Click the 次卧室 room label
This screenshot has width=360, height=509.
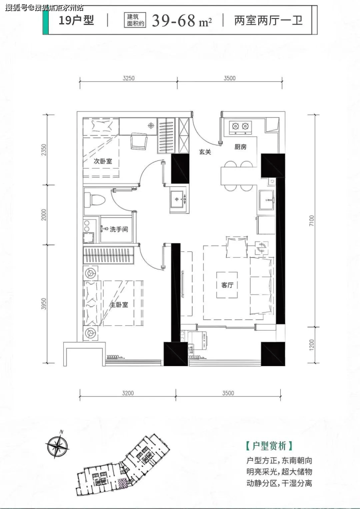click(x=103, y=161)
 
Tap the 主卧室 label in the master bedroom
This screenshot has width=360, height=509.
click(x=119, y=305)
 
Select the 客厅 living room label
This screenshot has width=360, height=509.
click(x=228, y=285)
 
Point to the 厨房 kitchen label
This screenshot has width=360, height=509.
click(x=240, y=147)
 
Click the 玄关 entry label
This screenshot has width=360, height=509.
click(x=205, y=152)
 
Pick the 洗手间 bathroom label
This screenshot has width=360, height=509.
click(x=119, y=229)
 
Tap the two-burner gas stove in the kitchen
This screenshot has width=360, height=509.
click(x=240, y=127)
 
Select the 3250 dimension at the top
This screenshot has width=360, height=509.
click(x=128, y=78)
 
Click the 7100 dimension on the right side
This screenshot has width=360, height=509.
click(x=312, y=221)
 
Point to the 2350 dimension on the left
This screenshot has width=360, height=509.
click(x=44, y=150)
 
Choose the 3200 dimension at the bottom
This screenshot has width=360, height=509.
click(x=128, y=393)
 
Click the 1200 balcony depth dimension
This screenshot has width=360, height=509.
click(x=312, y=345)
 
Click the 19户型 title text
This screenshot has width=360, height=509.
click(x=76, y=20)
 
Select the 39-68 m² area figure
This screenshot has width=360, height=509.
click(x=182, y=21)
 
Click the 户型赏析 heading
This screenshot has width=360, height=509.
click(x=270, y=446)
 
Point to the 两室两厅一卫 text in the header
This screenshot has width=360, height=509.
click(x=269, y=20)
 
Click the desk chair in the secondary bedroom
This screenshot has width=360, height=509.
click(x=139, y=142)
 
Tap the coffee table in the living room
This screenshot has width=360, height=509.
click(x=227, y=285)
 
